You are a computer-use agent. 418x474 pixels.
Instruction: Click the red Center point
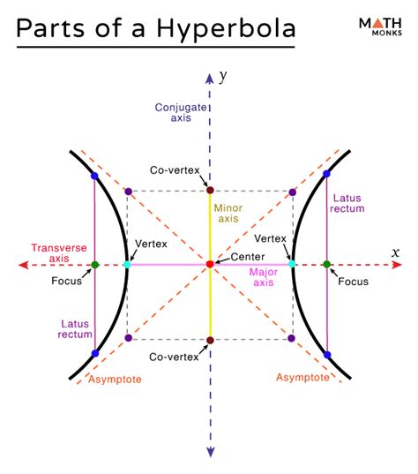pos(210,264)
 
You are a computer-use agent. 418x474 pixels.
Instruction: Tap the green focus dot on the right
pos(326,264)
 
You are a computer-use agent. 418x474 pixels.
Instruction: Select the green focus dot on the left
pos(94,264)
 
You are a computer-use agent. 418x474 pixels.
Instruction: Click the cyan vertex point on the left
pos(127,264)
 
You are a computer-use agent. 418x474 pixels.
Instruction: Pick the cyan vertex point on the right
pos(293,264)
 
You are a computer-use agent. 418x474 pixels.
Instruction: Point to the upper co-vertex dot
pos(210,190)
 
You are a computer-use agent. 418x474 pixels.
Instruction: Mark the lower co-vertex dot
pos(210,340)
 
